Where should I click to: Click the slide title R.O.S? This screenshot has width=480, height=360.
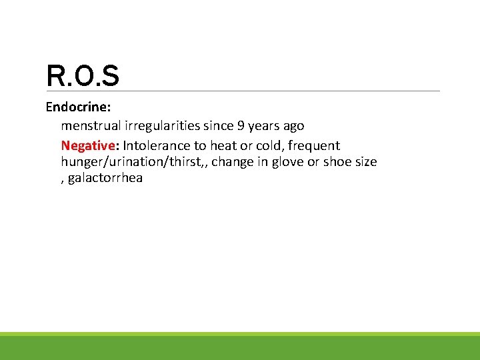click(x=83, y=76)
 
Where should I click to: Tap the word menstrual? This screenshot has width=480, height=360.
click(x=89, y=125)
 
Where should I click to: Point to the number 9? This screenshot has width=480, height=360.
click(x=241, y=125)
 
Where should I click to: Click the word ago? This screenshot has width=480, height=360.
click(x=293, y=126)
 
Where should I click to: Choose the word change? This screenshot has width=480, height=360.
click(x=233, y=162)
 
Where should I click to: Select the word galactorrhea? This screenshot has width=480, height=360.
click(x=105, y=178)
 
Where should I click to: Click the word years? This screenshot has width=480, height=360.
click(x=266, y=126)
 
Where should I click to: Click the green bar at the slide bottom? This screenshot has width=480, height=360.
click(x=240, y=347)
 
